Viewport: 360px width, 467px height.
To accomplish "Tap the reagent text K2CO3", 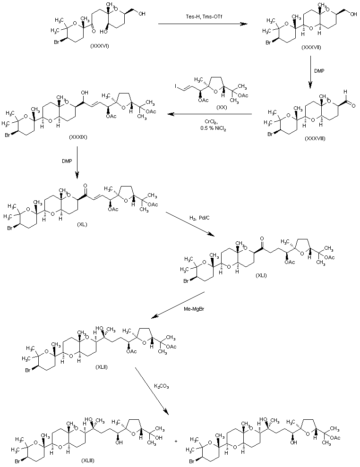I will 162,386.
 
